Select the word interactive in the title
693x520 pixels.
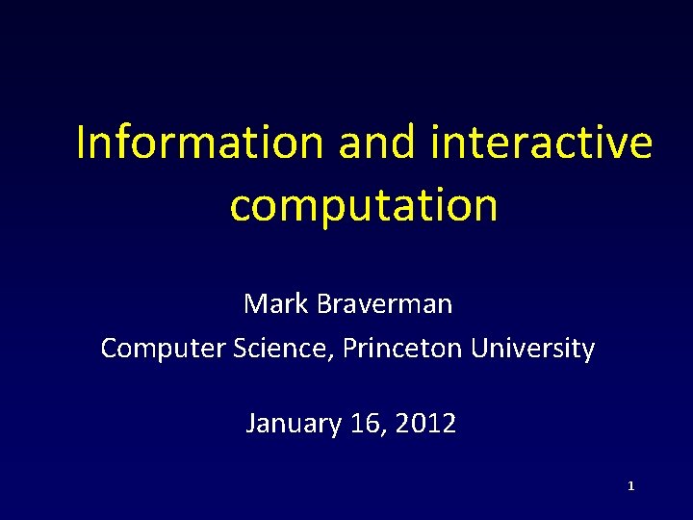point(543,143)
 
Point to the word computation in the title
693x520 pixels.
point(364,204)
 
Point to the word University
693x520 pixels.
point(533,349)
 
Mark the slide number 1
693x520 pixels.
point(630,487)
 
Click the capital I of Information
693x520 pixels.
point(81,143)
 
